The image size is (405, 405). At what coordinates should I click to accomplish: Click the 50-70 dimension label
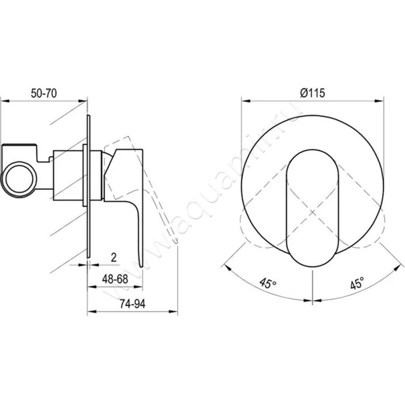[44, 94]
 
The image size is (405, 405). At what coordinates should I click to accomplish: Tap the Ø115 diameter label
[312, 93]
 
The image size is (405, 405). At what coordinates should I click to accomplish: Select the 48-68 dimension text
[115, 279]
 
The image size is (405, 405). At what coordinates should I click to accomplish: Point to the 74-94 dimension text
[133, 304]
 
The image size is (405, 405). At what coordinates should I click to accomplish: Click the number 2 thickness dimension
[113, 257]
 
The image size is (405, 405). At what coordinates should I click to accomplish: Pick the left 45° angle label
[268, 283]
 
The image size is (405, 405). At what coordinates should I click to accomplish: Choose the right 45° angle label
[357, 283]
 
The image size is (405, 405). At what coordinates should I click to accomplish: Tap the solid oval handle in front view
[312, 208]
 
